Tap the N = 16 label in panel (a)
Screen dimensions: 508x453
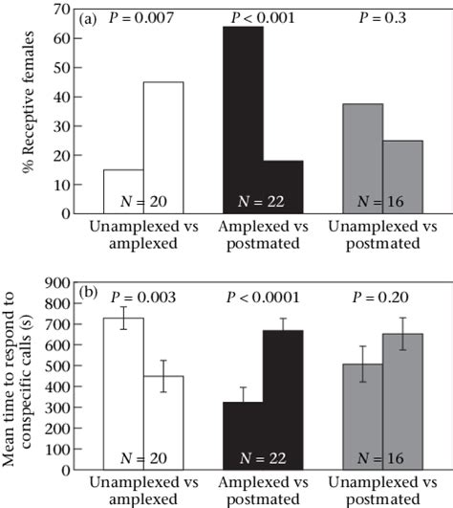384,201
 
